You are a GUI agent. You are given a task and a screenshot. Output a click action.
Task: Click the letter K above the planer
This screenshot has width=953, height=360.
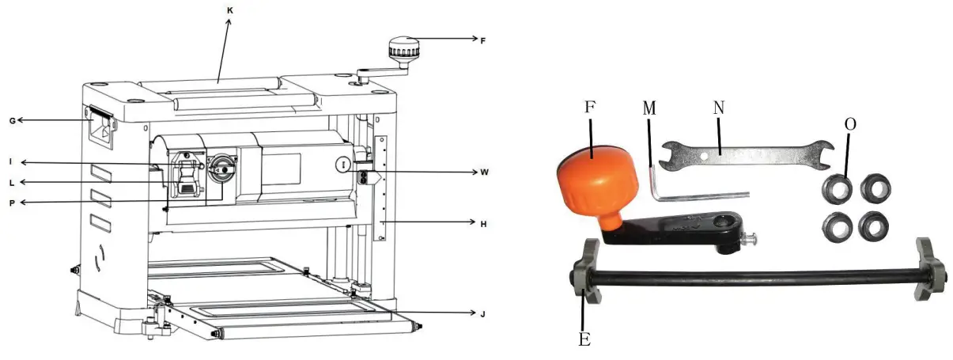coord(229,9)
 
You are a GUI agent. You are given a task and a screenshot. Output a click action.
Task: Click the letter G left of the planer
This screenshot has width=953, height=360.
coord(12,120)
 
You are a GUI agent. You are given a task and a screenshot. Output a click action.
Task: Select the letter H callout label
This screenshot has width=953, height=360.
coord(482,224)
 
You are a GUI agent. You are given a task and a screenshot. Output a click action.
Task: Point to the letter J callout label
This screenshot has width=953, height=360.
coord(482,314)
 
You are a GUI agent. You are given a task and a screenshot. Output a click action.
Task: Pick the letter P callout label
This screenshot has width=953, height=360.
coord(12,203)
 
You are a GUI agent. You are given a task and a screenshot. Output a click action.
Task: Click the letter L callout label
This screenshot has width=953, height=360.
coord(12,183)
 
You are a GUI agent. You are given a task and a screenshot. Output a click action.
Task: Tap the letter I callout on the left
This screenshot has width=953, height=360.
coord(11,162)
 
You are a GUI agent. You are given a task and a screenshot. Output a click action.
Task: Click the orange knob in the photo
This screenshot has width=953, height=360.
coord(588,181)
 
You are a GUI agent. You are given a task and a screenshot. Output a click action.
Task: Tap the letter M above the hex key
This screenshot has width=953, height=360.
coord(649,110)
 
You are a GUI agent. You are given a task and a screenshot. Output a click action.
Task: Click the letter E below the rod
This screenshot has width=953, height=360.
coord(584,340)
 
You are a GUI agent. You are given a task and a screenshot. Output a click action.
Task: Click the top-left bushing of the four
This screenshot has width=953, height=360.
coord(837,188)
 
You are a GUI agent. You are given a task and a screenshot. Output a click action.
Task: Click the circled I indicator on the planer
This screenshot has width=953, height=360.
coord(342,164)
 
